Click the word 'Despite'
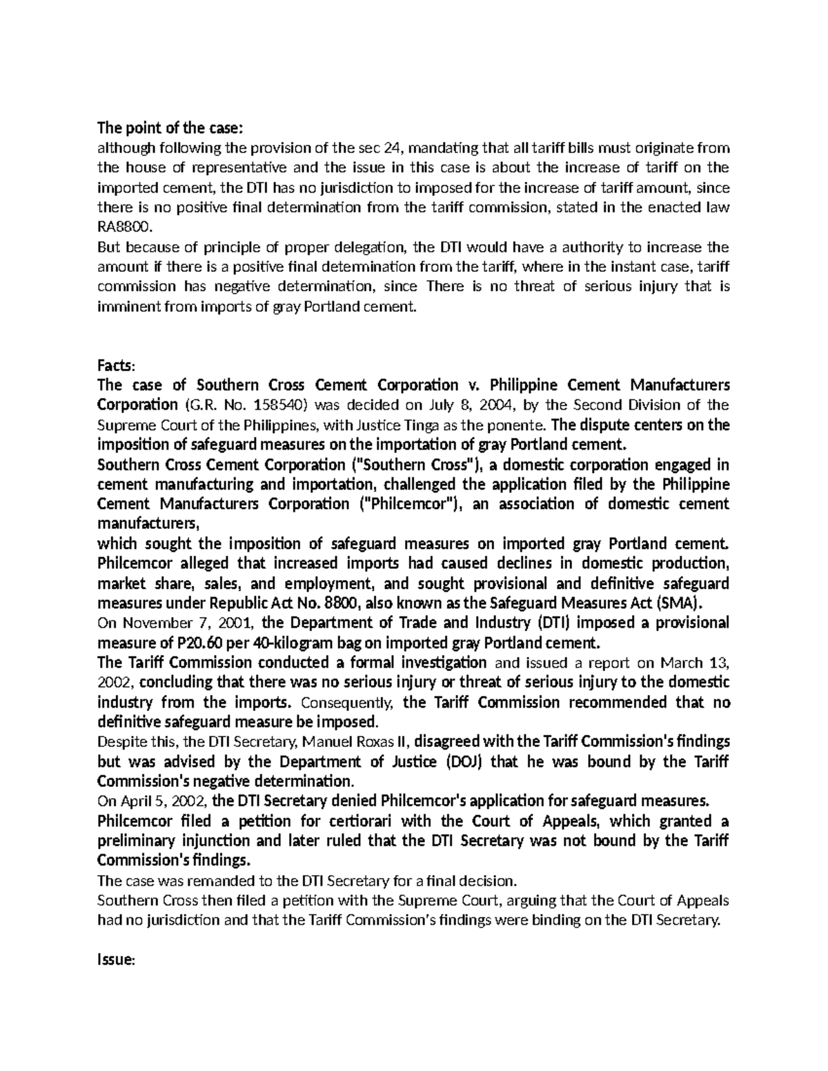pos(117,742)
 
